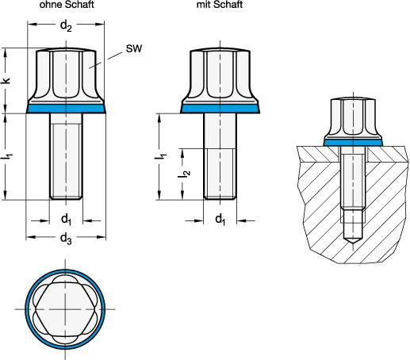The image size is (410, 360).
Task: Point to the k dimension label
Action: click(7, 81)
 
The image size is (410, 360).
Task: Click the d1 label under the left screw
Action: click(67, 217)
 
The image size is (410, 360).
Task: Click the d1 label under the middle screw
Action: click(219, 217)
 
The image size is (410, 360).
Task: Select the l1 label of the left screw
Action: click(7, 157)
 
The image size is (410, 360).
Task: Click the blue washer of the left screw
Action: click(67, 110)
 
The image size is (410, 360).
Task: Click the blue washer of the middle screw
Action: click(219, 110)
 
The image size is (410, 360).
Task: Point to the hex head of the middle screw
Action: click(219, 75)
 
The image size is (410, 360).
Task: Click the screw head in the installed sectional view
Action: click(353, 119)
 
